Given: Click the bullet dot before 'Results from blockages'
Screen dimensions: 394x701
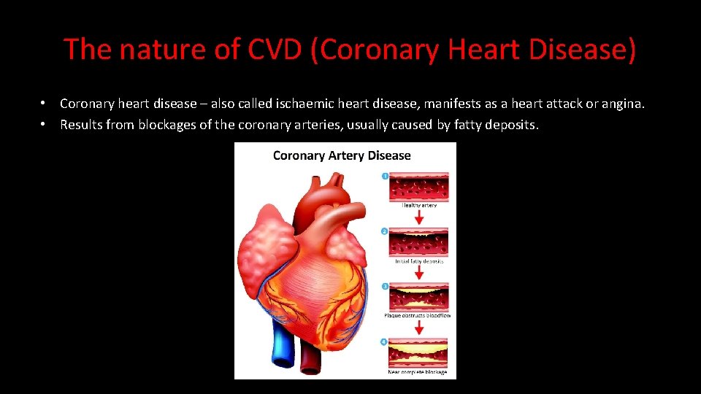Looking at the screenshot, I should coord(45,125).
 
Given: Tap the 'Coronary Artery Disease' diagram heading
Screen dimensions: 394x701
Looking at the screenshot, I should coord(342,155).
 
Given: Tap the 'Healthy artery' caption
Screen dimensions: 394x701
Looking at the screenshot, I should coord(419,206).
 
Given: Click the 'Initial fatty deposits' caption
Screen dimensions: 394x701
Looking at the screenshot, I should coord(419,261).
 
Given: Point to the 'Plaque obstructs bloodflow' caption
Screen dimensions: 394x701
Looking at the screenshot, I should coord(418,316).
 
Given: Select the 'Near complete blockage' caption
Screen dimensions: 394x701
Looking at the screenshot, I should coord(418,372).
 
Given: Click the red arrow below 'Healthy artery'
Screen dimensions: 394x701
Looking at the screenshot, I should coord(419,217).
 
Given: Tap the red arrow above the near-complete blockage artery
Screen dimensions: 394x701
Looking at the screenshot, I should coord(419,328).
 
